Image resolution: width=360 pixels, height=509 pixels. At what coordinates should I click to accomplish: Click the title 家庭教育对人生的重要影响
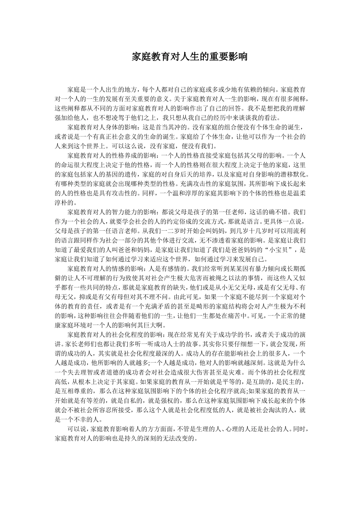coord(189,57)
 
